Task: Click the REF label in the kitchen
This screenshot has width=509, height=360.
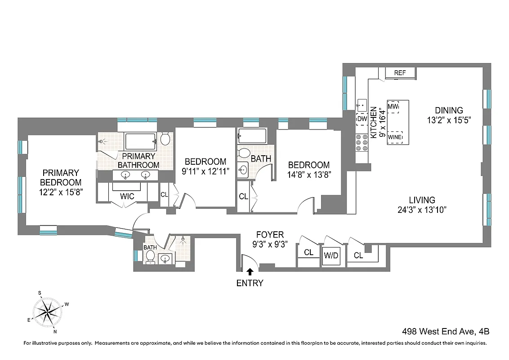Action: (x=400, y=73)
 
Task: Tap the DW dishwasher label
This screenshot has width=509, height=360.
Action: (x=362, y=119)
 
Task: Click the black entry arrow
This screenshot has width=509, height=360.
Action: (x=250, y=271)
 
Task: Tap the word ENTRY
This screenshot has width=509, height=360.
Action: (x=250, y=283)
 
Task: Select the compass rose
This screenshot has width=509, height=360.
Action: (x=47, y=311)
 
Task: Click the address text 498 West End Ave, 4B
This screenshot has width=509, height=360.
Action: (x=446, y=332)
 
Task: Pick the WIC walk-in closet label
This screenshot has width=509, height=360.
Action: (x=127, y=196)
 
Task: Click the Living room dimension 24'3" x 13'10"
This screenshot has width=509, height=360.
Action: (x=422, y=210)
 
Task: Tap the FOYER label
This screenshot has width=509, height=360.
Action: (x=270, y=234)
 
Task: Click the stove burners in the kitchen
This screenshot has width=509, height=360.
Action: (x=362, y=142)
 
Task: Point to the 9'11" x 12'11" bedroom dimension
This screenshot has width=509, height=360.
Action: (x=205, y=171)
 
